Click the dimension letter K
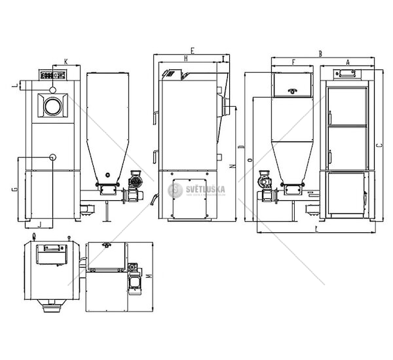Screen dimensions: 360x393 click(x=67, y=62)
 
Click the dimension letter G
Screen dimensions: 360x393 click(x=14, y=190)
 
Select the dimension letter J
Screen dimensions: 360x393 click(x=40, y=224)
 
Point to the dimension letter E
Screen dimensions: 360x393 click(x=192, y=50)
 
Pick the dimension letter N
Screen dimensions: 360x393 click(x=234, y=168)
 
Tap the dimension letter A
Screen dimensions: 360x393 click(x=347, y=61)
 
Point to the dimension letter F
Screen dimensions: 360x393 click(x=293, y=62)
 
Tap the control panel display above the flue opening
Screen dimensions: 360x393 click(x=51, y=74)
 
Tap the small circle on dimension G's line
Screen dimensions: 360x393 click(x=52, y=158)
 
